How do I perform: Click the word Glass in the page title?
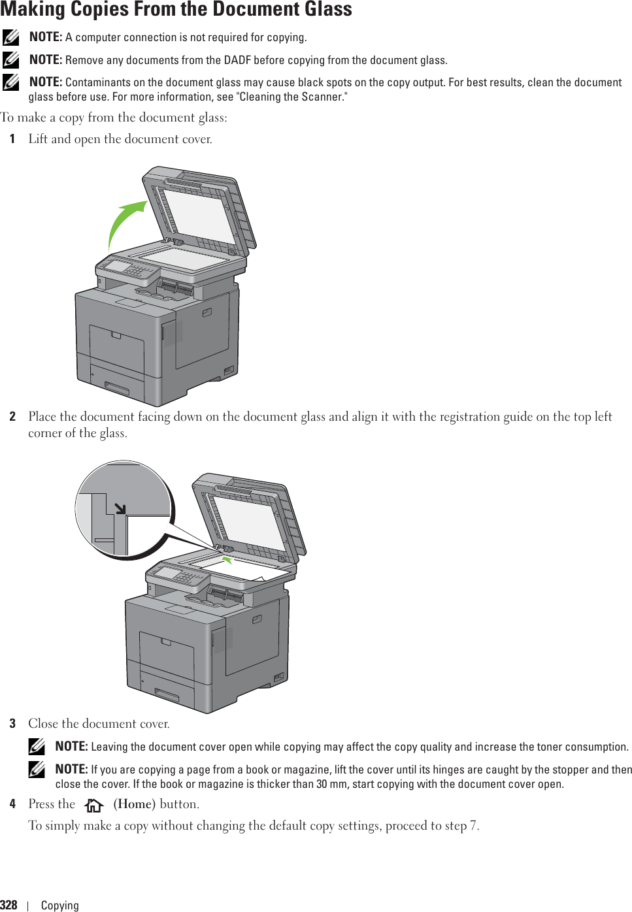click(x=321, y=9)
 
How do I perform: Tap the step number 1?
click(x=12, y=139)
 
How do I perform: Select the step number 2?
click(x=12, y=417)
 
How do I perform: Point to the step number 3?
click(x=12, y=724)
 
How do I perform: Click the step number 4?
click(x=12, y=804)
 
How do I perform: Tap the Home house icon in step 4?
click(x=94, y=805)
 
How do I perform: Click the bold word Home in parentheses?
click(x=134, y=804)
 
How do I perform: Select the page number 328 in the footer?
click(x=9, y=905)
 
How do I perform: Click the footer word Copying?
click(x=59, y=905)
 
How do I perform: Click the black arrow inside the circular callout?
click(x=120, y=508)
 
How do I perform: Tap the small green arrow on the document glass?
click(x=226, y=559)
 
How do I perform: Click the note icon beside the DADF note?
click(x=10, y=60)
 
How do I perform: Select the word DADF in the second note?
click(x=237, y=60)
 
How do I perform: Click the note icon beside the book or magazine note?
click(x=37, y=770)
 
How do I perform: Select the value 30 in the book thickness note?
click(x=323, y=784)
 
